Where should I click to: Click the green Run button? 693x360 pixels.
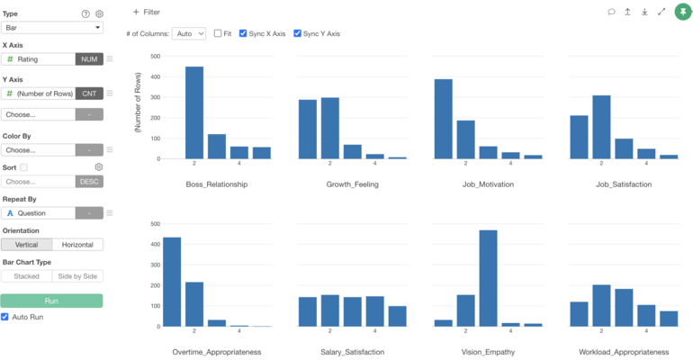click(51, 301)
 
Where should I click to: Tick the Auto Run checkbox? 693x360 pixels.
click(6, 317)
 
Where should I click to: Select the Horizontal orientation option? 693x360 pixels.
click(77, 245)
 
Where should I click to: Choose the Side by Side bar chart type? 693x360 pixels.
click(77, 276)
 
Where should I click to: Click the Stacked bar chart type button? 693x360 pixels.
click(26, 276)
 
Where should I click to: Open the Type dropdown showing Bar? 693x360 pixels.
click(52, 28)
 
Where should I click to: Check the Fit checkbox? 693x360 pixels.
click(218, 33)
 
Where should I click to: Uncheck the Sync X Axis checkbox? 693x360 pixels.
click(244, 33)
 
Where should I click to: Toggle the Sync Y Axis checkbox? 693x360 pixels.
click(298, 33)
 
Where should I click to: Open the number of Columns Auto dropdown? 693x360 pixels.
click(189, 33)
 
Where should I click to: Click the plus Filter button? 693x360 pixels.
click(146, 12)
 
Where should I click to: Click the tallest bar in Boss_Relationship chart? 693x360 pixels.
click(194, 112)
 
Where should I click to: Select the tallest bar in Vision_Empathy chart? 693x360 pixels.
click(488, 278)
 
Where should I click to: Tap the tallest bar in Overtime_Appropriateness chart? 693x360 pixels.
click(172, 282)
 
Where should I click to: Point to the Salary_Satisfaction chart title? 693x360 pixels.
click(353, 351)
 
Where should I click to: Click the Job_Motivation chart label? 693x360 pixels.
click(488, 184)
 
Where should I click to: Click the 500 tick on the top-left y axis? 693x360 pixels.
click(155, 56)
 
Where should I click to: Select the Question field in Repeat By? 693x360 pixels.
click(38, 213)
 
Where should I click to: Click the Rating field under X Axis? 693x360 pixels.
click(38, 59)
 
